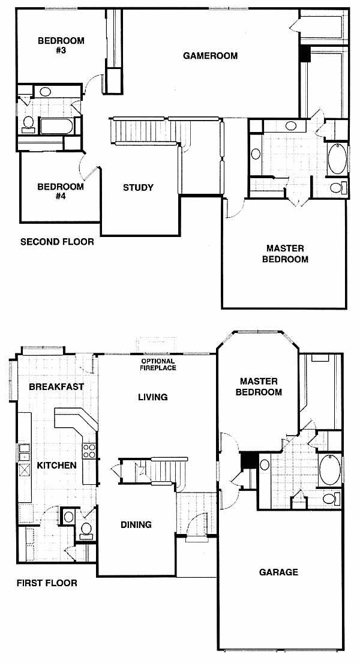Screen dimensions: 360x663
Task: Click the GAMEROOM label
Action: [x=210, y=56]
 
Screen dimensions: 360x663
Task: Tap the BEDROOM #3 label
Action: [x=61, y=46]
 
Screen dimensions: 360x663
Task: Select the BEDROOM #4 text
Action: [x=61, y=191]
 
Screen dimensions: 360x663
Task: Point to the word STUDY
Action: [x=139, y=188]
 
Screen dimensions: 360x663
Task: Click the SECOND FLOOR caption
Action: [x=57, y=242]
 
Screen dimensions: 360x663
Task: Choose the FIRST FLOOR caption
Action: [x=47, y=583]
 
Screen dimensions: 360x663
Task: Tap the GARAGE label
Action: [x=279, y=572]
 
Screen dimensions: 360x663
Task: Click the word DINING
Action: [x=136, y=525]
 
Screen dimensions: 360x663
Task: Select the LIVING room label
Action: [x=153, y=397]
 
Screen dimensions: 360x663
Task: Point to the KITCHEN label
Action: [x=56, y=466]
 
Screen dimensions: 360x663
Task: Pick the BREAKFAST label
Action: [x=56, y=386]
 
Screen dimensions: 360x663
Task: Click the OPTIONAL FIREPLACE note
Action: [x=158, y=364]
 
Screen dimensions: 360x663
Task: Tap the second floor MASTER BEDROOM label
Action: [x=285, y=254]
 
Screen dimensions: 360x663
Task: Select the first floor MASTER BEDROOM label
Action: [x=259, y=387]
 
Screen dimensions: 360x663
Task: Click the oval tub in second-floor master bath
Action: [x=337, y=159]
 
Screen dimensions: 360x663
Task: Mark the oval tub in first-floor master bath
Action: [x=330, y=470]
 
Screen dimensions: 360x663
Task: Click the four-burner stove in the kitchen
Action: [x=89, y=451]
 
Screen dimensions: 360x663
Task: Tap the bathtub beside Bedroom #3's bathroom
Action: [x=56, y=126]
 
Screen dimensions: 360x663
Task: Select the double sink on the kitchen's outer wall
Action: [x=25, y=453]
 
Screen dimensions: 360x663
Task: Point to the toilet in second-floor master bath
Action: [x=339, y=187]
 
